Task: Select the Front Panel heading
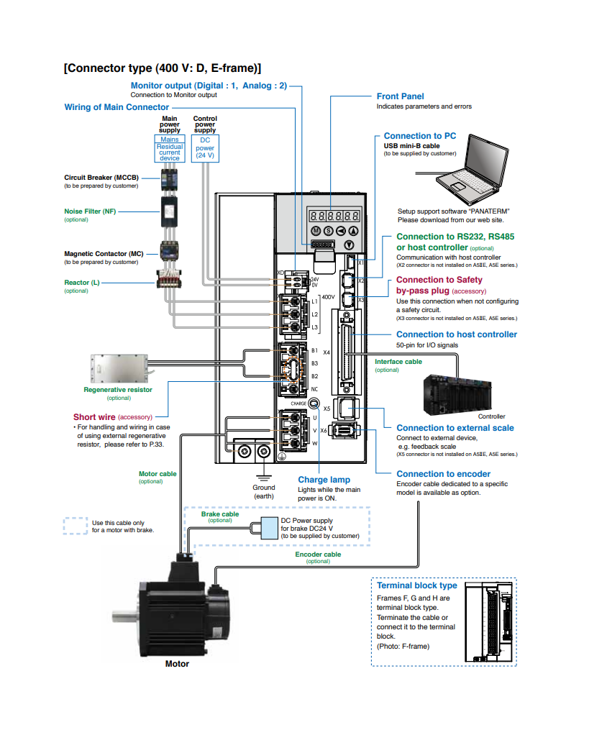pos(400,96)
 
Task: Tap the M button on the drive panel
pos(315,231)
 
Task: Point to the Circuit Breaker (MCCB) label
pos(101,178)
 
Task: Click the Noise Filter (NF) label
pos(90,211)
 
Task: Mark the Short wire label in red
pos(93,417)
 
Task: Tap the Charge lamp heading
pos(324,480)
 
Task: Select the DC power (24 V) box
pos(205,148)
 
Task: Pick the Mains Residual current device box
pos(170,148)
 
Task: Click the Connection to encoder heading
pos(443,474)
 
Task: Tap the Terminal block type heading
pos(416,585)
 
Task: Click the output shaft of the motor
pos(124,616)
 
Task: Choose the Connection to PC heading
pos(419,136)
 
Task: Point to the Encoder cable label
pos(318,555)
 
